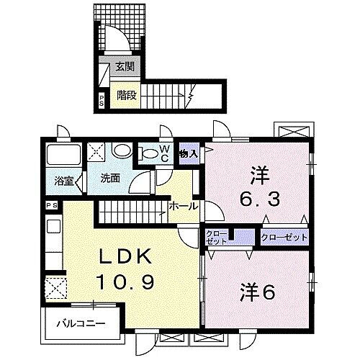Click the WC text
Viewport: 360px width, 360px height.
tap(163, 153)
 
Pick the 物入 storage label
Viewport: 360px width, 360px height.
tap(189, 153)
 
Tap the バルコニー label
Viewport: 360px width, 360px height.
tap(79, 323)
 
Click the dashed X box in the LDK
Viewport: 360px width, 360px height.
tap(54, 288)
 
